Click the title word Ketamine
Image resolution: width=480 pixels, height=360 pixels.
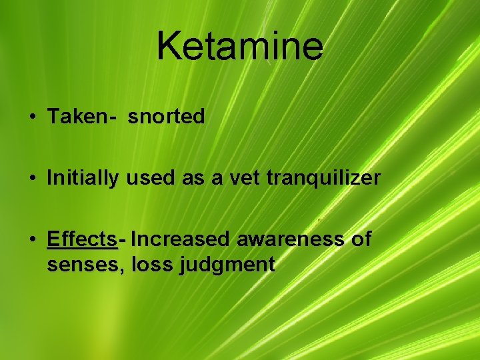pos(240,45)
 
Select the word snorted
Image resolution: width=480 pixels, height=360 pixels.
pos(167,117)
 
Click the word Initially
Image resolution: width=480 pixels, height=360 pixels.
pos(83,178)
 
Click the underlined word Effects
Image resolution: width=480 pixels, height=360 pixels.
pos(82,239)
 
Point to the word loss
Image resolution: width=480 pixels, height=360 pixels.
pos(153,265)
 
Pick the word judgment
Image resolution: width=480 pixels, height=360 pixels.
pos(227,265)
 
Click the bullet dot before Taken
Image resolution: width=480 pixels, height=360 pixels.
pos(33,118)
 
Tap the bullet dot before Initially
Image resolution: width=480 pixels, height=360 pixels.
pos(33,179)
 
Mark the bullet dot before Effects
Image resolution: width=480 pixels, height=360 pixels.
pos(33,239)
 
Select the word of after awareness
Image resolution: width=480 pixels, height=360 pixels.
pos(361,239)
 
